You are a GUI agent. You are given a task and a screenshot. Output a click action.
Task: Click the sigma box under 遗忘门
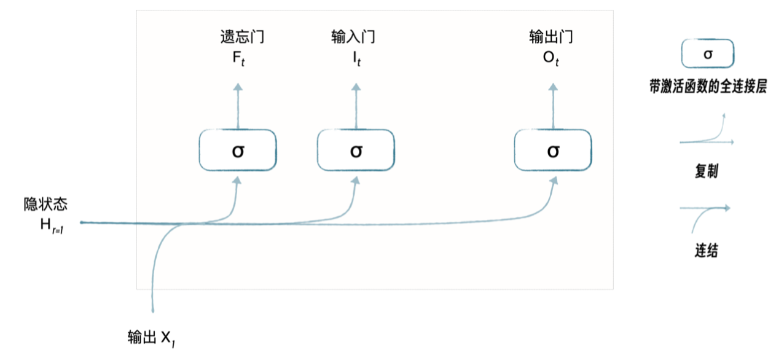coord(237,151)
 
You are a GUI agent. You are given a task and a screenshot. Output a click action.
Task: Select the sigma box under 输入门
coord(356,151)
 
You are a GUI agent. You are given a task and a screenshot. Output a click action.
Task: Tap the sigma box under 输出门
coord(553,151)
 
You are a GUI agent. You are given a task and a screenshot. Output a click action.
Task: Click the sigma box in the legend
coord(708,54)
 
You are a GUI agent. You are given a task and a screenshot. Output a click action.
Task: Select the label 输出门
coord(551,37)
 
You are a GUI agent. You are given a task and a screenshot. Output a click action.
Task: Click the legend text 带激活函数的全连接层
coord(708,87)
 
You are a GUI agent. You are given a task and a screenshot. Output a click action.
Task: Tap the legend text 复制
coord(707,173)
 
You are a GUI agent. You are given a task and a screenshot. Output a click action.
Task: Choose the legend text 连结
coord(707,251)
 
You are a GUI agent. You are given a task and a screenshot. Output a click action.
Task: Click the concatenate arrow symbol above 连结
coord(707,212)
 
